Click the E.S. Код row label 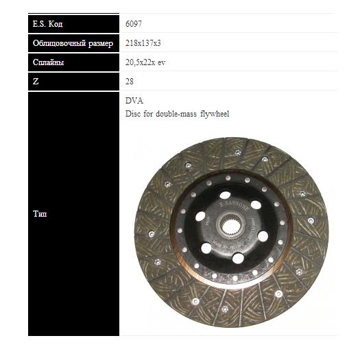(x=47, y=24)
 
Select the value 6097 (x=134, y=23)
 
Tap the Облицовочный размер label (x=73, y=43)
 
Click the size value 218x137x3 (x=143, y=43)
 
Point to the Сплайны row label (x=48, y=62)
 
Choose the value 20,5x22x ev (x=145, y=62)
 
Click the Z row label (x=36, y=82)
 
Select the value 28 (x=130, y=82)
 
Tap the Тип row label (x=40, y=214)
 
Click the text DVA (x=134, y=101)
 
